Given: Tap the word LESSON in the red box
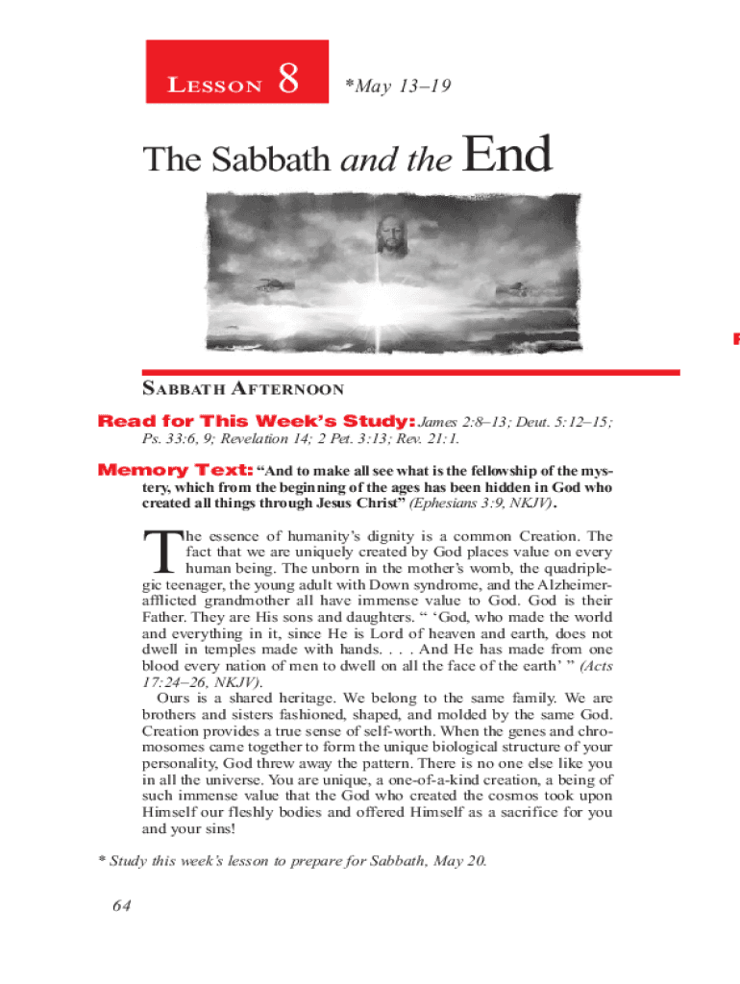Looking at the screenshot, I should click(215, 86).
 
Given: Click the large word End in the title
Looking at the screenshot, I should click(507, 156).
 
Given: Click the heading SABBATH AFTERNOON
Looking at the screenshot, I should click(242, 390).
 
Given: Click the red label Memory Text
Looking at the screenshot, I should click(176, 471).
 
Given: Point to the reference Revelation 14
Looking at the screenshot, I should click(265, 439).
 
